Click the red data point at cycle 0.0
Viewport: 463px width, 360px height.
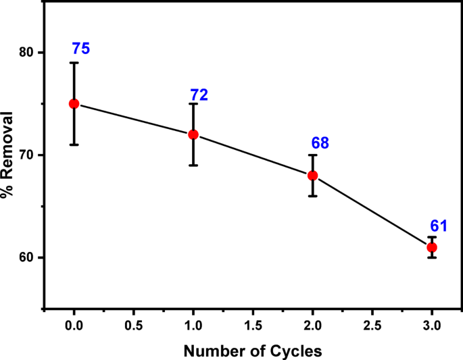tap(74, 103)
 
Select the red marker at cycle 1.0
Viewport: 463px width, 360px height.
tap(193, 134)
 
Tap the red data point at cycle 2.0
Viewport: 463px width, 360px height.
tap(312, 176)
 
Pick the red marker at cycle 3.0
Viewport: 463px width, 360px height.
tap(432, 247)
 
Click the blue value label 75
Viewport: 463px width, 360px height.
tap(81, 49)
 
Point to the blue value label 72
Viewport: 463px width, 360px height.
tap(199, 95)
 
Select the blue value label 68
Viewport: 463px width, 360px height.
tap(320, 143)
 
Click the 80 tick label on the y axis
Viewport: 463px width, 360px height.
tap(24, 53)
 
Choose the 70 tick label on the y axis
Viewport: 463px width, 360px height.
tap(24, 155)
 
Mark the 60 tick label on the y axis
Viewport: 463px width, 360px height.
tap(24, 258)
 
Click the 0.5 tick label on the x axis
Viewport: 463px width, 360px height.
tap(133, 326)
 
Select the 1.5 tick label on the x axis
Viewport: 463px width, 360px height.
tap(253, 326)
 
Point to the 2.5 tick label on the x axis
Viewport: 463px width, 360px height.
tap(372, 326)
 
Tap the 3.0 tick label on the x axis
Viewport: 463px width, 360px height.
tap(432, 326)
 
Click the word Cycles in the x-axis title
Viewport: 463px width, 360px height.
tap(293, 351)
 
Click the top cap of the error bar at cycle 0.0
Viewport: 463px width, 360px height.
tap(74, 63)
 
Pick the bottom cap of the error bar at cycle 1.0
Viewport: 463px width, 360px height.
tap(193, 165)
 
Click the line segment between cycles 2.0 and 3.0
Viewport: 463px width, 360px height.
tap(372, 211)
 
